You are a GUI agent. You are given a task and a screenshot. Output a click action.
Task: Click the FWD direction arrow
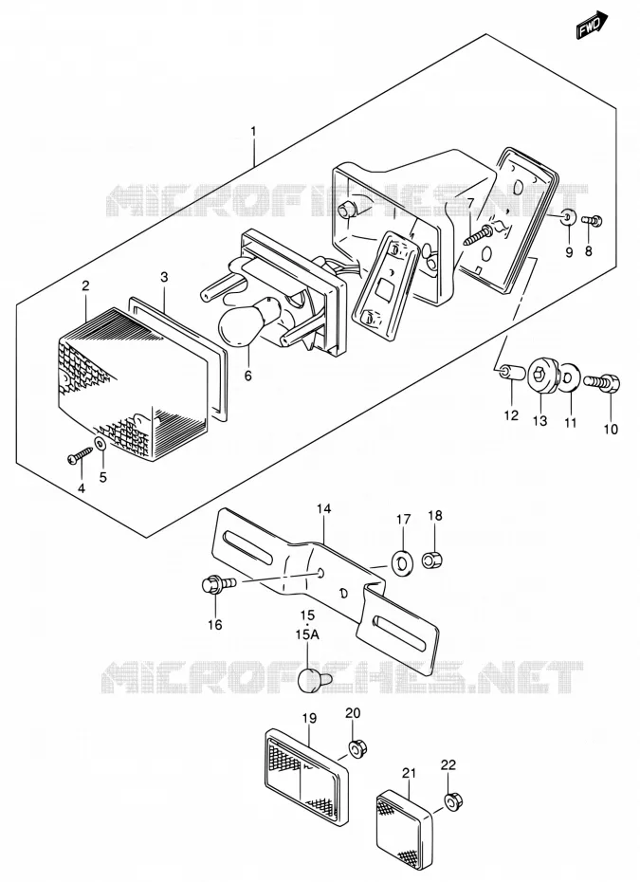(593, 25)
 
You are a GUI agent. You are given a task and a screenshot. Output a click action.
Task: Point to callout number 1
(254, 132)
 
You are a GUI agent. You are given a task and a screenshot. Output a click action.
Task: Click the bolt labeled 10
(603, 384)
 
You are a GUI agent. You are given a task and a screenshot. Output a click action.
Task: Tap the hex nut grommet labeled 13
(543, 375)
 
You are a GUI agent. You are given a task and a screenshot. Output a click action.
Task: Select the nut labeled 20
(356, 749)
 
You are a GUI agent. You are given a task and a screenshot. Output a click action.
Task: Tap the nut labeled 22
(451, 801)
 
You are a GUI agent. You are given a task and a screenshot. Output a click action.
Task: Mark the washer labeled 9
(569, 216)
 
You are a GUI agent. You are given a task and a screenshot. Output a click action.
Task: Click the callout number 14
(324, 509)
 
